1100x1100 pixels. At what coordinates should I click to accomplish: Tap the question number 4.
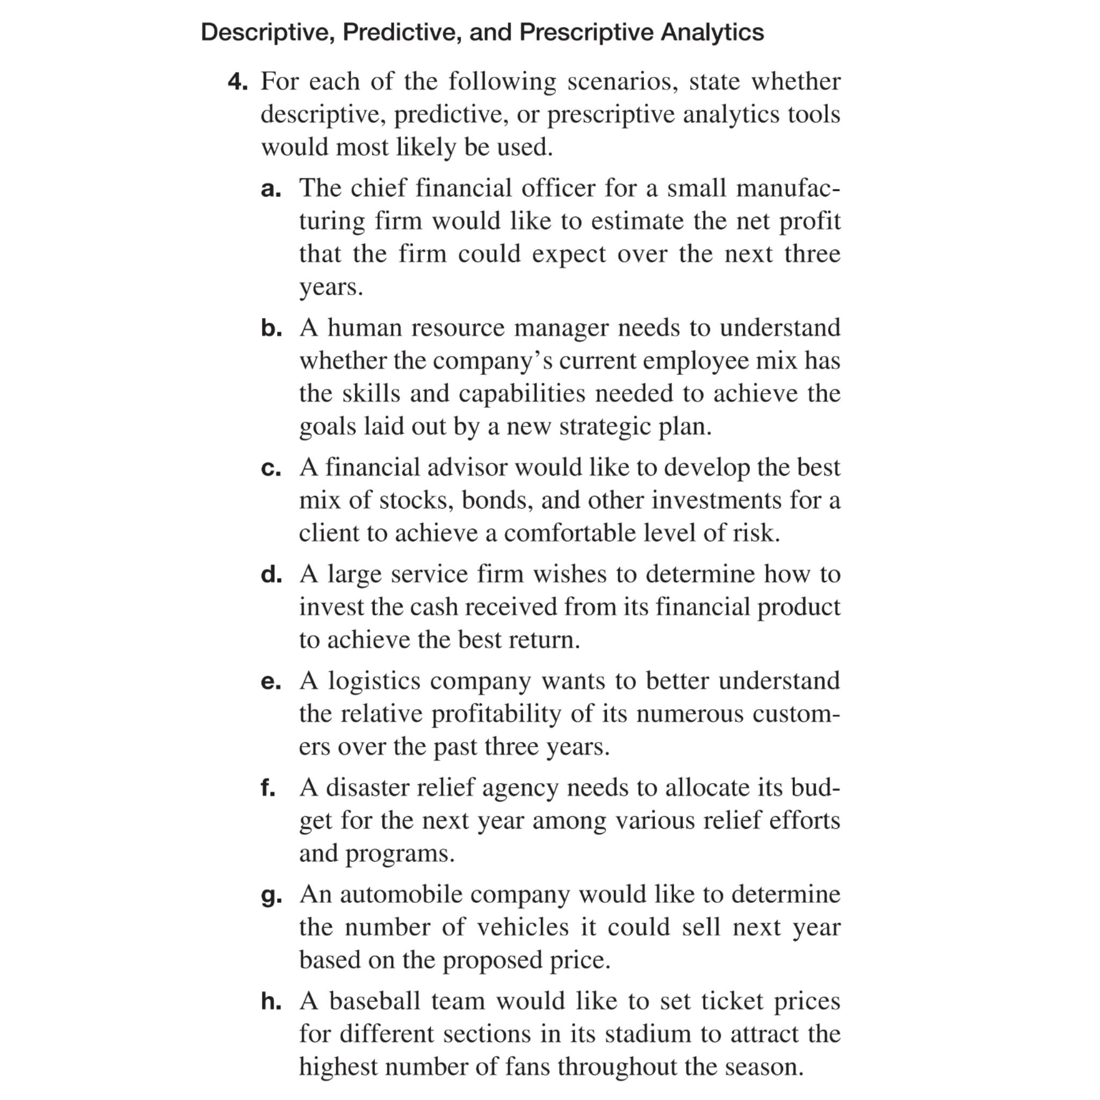237,82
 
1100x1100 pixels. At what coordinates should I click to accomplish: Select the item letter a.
271,189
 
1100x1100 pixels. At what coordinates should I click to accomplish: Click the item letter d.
272,574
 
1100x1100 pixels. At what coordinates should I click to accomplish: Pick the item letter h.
272,1000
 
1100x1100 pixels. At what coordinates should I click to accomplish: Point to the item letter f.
268,787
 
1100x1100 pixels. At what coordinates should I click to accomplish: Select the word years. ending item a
331,287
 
